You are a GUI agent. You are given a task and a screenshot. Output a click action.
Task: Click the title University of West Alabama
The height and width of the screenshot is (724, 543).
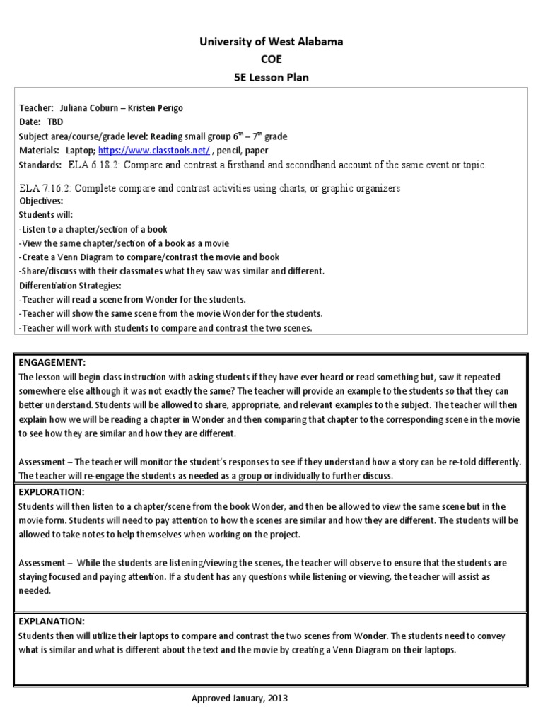coord(271,42)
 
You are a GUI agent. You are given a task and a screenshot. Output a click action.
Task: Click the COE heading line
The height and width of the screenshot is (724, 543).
coord(271,59)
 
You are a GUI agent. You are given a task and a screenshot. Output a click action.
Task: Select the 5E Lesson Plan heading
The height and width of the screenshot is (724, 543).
coord(271,77)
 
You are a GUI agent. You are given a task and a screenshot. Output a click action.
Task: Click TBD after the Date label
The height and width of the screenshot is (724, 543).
coord(54,122)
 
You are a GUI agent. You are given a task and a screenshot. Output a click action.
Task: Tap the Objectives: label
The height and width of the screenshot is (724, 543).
coord(41,201)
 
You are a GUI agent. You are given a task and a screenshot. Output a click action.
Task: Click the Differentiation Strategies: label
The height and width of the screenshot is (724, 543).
coord(70,285)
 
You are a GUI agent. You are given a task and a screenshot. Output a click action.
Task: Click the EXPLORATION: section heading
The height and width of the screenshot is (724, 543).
coord(52,491)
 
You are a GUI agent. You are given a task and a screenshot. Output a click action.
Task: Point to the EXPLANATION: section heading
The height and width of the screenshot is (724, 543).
coord(52,621)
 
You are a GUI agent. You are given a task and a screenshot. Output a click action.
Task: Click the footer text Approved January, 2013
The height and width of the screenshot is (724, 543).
coord(240,698)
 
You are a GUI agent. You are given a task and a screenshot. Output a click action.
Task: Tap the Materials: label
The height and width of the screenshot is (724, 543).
coord(39,151)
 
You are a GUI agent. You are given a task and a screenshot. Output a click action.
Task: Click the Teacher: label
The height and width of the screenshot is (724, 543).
coord(36,107)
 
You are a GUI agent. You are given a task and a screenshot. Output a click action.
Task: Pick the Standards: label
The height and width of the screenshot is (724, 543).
coord(40,165)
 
